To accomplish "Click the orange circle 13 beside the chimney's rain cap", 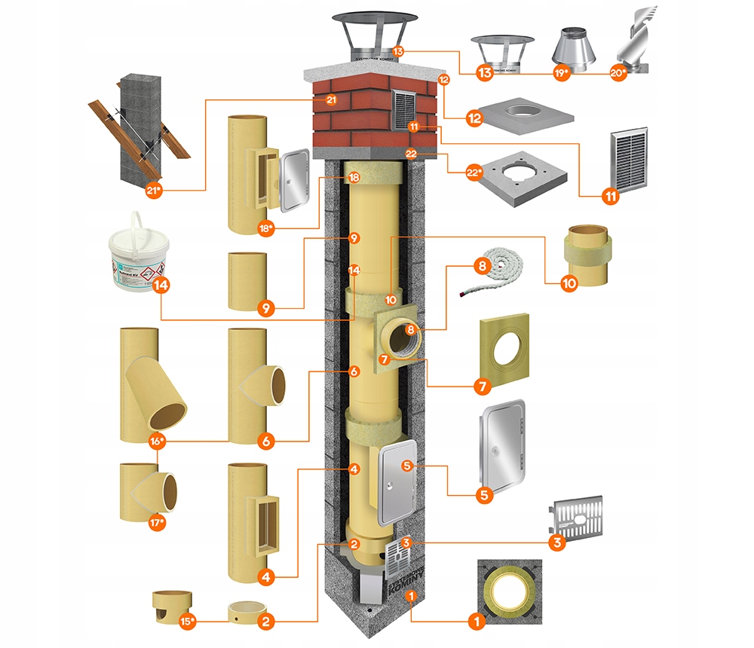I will coord(398,52).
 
